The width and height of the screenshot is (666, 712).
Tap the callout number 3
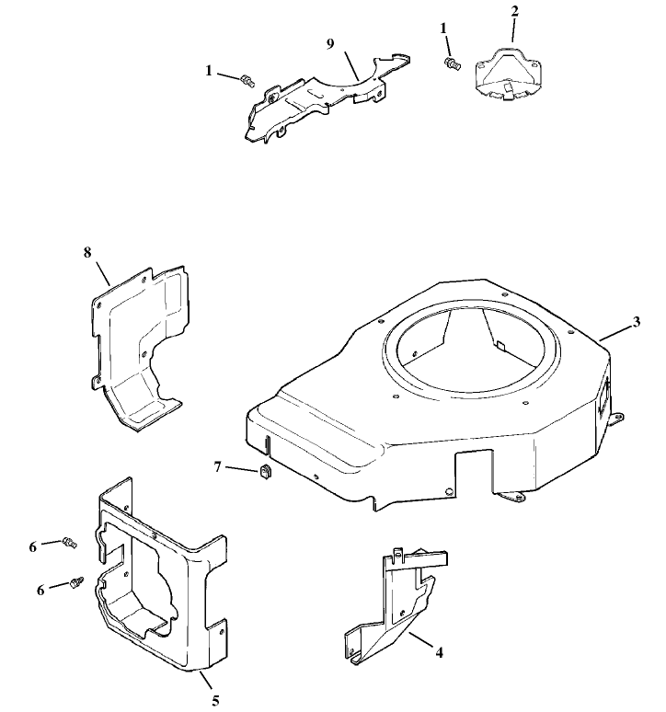click(x=637, y=322)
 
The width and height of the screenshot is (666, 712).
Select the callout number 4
click(x=440, y=652)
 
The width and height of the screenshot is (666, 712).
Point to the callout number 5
click(x=215, y=701)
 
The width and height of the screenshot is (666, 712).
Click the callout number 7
click(x=217, y=467)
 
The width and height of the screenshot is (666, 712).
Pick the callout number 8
click(x=87, y=251)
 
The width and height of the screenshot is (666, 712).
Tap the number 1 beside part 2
click(x=444, y=29)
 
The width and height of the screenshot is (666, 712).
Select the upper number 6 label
click(x=33, y=546)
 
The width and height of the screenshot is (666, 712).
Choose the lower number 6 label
click(x=40, y=590)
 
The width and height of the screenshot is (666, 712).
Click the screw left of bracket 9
click(x=246, y=82)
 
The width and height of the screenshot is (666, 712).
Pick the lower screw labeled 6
click(x=77, y=583)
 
